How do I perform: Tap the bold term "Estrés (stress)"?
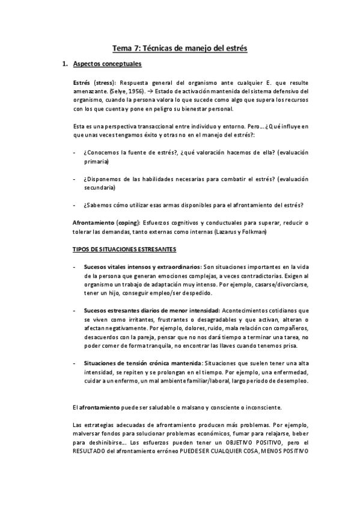pos(94,82)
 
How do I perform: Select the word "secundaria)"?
pos(102,188)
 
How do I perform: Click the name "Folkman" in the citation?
pos(251,232)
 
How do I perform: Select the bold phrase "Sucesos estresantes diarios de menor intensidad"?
pos(152,310)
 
